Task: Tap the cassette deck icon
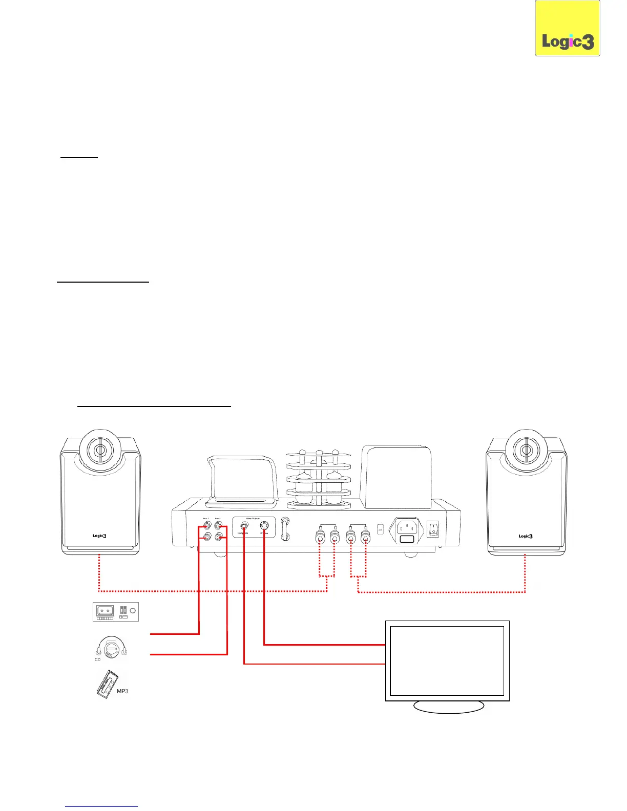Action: (x=116, y=611)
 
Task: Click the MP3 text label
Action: (x=122, y=691)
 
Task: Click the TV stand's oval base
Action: (x=448, y=707)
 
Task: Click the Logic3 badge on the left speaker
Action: (x=99, y=536)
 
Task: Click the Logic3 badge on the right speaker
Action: (x=526, y=536)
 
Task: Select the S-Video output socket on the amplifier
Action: (x=264, y=525)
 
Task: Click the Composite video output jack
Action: (x=244, y=525)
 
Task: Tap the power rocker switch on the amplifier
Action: (x=433, y=529)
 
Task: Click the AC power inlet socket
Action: (x=407, y=527)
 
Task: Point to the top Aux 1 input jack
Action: (x=206, y=525)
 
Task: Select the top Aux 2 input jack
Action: (x=219, y=525)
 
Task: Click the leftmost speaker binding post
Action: (x=320, y=538)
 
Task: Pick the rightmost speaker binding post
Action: (x=365, y=538)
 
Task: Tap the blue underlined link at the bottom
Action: (x=101, y=806)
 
